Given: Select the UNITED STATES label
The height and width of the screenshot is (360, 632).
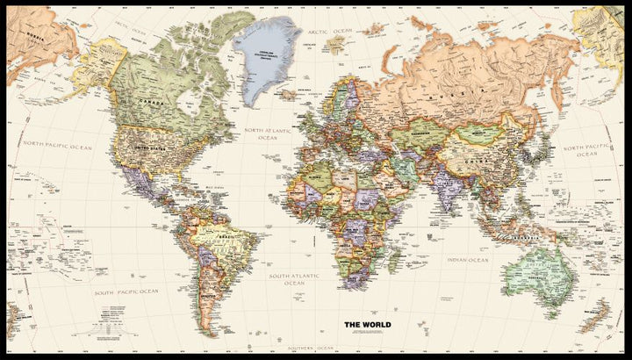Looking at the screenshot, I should tap(145, 147).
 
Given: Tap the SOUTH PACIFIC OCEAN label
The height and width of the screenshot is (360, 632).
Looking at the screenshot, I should tap(127, 290).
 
